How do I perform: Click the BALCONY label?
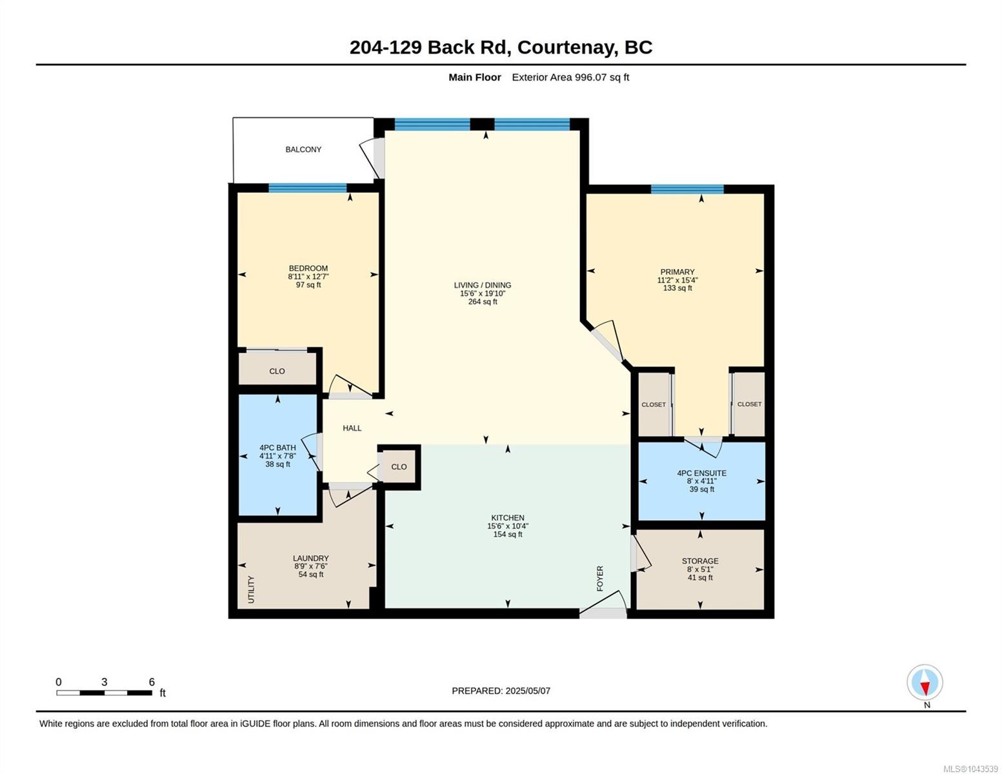(x=303, y=150)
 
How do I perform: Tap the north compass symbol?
(x=925, y=682)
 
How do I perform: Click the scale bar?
(x=105, y=693)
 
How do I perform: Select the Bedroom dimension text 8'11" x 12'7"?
(x=308, y=277)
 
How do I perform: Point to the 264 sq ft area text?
(x=483, y=302)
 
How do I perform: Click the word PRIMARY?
(x=677, y=272)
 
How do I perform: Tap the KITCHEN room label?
(x=507, y=518)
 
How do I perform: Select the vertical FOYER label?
(x=600, y=579)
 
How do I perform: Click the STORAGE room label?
(x=699, y=561)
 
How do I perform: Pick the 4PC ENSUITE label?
(x=701, y=473)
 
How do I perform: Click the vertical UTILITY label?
(x=251, y=589)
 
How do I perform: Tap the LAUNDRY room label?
(x=310, y=559)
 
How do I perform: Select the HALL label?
(x=352, y=428)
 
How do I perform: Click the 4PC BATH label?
(x=277, y=448)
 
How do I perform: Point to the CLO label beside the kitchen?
(x=399, y=467)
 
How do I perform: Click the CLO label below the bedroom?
(x=277, y=372)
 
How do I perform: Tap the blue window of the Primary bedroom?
(x=686, y=189)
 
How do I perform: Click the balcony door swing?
(x=370, y=158)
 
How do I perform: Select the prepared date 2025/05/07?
(x=528, y=691)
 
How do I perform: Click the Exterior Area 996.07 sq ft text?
(x=570, y=77)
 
